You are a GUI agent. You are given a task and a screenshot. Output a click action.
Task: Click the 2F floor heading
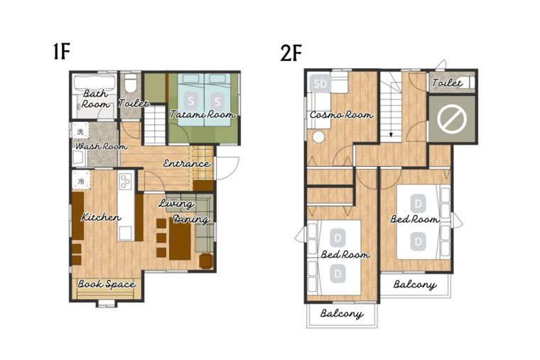[x=291, y=53]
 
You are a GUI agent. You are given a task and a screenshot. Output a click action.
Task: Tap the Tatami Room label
[x=202, y=114]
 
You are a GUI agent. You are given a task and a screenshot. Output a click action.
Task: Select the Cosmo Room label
[x=341, y=114]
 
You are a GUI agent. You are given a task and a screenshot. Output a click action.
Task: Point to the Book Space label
[x=107, y=284]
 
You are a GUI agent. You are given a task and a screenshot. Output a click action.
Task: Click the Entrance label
[x=186, y=163]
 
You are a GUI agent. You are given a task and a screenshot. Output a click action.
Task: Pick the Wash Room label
[x=101, y=146]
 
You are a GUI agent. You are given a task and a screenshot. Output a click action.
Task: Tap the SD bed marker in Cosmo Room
[x=320, y=83]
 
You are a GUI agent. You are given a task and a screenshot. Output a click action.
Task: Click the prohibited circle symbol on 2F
[x=452, y=119]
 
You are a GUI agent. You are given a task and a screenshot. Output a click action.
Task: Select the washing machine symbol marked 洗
[x=80, y=131]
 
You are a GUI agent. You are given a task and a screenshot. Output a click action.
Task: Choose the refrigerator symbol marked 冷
[x=81, y=180]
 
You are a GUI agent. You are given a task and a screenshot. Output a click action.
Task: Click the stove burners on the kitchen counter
[x=124, y=181]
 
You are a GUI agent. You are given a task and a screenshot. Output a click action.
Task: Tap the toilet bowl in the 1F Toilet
[x=131, y=83]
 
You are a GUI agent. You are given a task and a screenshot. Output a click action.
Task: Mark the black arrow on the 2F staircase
[x=391, y=134]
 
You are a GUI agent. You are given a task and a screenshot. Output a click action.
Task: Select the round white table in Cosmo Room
[x=318, y=137]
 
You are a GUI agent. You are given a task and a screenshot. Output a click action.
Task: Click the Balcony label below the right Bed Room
[x=415, y=285]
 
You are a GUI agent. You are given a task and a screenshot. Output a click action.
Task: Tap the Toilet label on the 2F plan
[x=447, y=83]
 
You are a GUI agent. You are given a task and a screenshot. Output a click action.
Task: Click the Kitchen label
[x=101, y=217]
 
